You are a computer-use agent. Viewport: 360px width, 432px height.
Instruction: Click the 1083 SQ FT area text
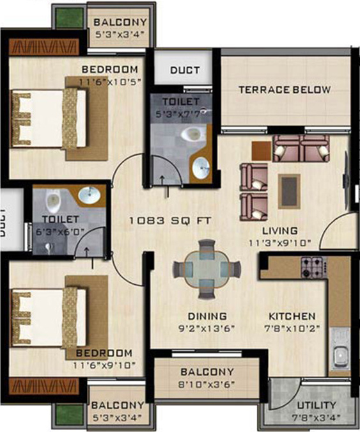(x=170, y=221)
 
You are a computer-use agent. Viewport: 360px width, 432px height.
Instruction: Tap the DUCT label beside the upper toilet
(x=185, y=70)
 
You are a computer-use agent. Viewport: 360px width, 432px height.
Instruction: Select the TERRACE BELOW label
(x=285, y=90)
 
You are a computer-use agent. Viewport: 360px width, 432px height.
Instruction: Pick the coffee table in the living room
(x=289, y=190)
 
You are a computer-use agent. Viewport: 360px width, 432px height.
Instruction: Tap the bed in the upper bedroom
(x=48, y=118)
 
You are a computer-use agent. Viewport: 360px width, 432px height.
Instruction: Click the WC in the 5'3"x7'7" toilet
(x=190, y=134)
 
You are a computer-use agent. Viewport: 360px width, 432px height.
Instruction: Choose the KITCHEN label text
(x=291, y=316)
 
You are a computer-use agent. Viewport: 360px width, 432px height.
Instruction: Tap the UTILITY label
(x=317, y=405)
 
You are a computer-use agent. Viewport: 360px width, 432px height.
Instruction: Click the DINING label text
(x=207, y=316)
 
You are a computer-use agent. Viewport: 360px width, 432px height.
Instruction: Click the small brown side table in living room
(x=261, y=149)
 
